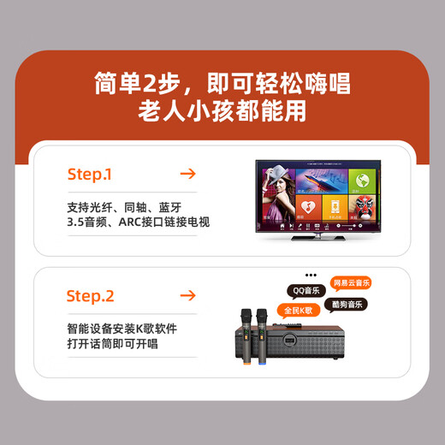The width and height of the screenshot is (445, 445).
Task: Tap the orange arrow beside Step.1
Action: [x=188, y=174]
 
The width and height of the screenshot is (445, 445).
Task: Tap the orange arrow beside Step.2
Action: [x=188, y=296]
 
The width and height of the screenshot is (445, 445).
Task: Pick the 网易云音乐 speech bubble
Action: [x=351, y=282]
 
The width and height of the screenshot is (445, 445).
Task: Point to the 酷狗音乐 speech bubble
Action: [x=346, y=304]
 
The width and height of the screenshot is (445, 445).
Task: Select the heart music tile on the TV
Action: [x=337, y=208]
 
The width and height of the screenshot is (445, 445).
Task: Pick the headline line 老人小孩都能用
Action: [x=222, y=110]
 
